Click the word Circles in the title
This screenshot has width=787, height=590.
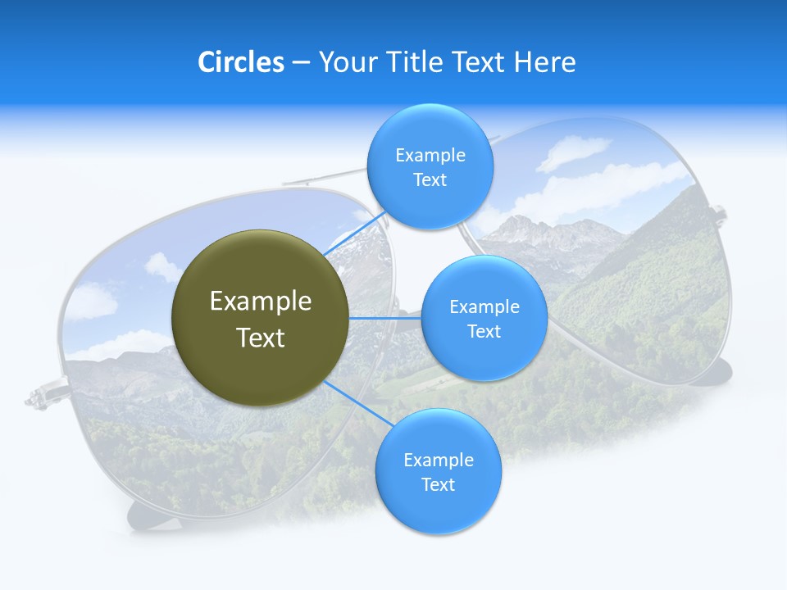coord(241,62)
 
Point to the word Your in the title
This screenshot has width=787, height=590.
coord(348,62)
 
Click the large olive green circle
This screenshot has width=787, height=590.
coord(261,318)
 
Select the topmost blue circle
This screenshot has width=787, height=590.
coord(430,167)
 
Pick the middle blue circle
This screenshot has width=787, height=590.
coord(484,318)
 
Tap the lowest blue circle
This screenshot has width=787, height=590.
coord(438,472)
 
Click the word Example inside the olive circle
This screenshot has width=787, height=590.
coord(261,301)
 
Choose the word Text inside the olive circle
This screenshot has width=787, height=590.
coord(261,338)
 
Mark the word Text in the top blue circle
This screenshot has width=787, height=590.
coord(430,180)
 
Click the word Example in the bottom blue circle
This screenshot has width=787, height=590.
coord(438,460)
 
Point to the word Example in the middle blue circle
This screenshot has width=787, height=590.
coord(484,306)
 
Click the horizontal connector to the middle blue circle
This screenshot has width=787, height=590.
coord(384,318)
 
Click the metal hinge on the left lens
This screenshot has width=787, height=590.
coord(41,397)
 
